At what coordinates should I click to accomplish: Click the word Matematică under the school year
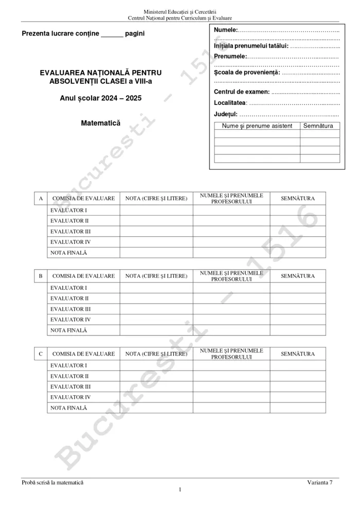click(x=100, y=124)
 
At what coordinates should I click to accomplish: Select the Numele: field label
click(x=226, y=30)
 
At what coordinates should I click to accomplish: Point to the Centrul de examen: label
click(x=242, y=92)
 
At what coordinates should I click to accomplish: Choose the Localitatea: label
click(x=230, y=103)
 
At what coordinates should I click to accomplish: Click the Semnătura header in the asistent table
click(x=319, y=126)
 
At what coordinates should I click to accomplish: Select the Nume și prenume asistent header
click(x=257, y=126)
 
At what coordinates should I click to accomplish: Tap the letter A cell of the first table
click(x=40, y=199)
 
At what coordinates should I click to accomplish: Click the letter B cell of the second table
click(x=40, y=276)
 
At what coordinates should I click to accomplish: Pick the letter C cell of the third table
click(x=40, y=354)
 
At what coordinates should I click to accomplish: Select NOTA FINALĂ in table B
click(x=69, y=330)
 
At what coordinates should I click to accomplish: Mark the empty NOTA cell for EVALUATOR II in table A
click(x=156, y=221)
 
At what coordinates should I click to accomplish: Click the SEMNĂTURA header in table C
click(x=298, y=354)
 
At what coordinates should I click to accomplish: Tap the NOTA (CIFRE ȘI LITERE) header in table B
click(x=156, y=276)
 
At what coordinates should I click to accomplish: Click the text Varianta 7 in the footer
click(x=320, y=482)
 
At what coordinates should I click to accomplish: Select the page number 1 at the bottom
click(x=180, y=489)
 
